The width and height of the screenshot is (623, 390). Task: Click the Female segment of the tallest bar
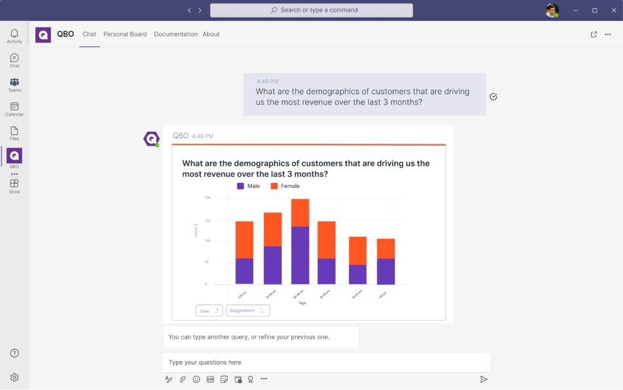(x=300, y=213)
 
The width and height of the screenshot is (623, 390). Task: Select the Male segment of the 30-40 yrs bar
(x=300, y=255)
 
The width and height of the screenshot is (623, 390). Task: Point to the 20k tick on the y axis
(x=207, y=197)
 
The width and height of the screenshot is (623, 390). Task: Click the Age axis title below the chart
(x=302, y=302)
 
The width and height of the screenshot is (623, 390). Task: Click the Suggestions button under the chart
(x=248, y=311)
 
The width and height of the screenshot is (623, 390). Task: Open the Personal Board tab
(x=125, y=34)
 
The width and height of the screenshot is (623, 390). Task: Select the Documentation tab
(x=176, y=34)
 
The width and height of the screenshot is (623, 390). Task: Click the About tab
(x=211, y=34)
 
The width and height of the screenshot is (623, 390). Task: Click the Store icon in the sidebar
(x=15, y=184)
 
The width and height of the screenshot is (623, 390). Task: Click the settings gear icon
(x=15, y=377)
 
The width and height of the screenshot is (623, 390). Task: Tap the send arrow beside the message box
(x=484, y=379)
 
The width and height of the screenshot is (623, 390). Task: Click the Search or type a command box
(x=311, y=10)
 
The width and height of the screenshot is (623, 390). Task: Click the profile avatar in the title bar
(x=551, y=10)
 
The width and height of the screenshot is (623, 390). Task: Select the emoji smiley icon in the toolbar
(x=197, y=379)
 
